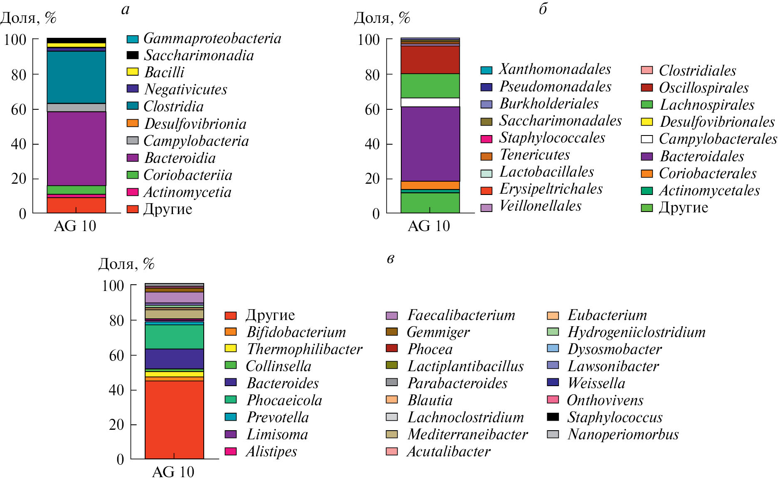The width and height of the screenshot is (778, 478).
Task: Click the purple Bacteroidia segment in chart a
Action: [x=76, y=148]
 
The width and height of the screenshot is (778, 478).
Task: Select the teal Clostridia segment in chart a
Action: [x=76, y=77]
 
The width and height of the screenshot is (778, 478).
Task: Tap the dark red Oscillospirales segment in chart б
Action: [x=430, y=59]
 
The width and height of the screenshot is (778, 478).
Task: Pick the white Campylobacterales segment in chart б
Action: [x=430, y=102]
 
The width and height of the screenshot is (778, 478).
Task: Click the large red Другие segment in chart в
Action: [x=174, y=419]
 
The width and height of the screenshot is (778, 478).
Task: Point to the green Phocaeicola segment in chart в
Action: [x=174, y=336]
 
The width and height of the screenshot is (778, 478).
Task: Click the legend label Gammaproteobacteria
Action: [x=212, y=38]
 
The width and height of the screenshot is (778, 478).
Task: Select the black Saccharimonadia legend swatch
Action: [x=132, y=55]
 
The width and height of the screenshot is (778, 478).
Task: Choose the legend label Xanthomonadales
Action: [x=555, y=69]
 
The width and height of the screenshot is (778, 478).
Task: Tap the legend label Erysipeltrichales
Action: [x=551, y=189]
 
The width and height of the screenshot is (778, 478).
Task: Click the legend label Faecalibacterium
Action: [x=461, y=315]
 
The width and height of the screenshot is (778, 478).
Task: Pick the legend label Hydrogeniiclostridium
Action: [x=636, y=332]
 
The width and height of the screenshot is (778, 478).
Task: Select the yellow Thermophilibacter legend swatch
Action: [x=230, y=348]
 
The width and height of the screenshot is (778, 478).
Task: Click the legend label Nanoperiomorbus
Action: [x=622, y=434]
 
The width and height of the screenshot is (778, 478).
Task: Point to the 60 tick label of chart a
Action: [x=18, y=109]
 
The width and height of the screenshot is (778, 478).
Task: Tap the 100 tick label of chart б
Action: [x=368, y=40]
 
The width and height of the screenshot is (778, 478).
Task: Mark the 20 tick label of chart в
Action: [x=116, y=425]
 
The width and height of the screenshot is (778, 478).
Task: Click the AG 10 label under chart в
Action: [x=173, y=472]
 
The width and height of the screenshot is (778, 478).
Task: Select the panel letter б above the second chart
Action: [x=543, y=9]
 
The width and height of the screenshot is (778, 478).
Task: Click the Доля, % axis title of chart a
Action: [x=28, y=18]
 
